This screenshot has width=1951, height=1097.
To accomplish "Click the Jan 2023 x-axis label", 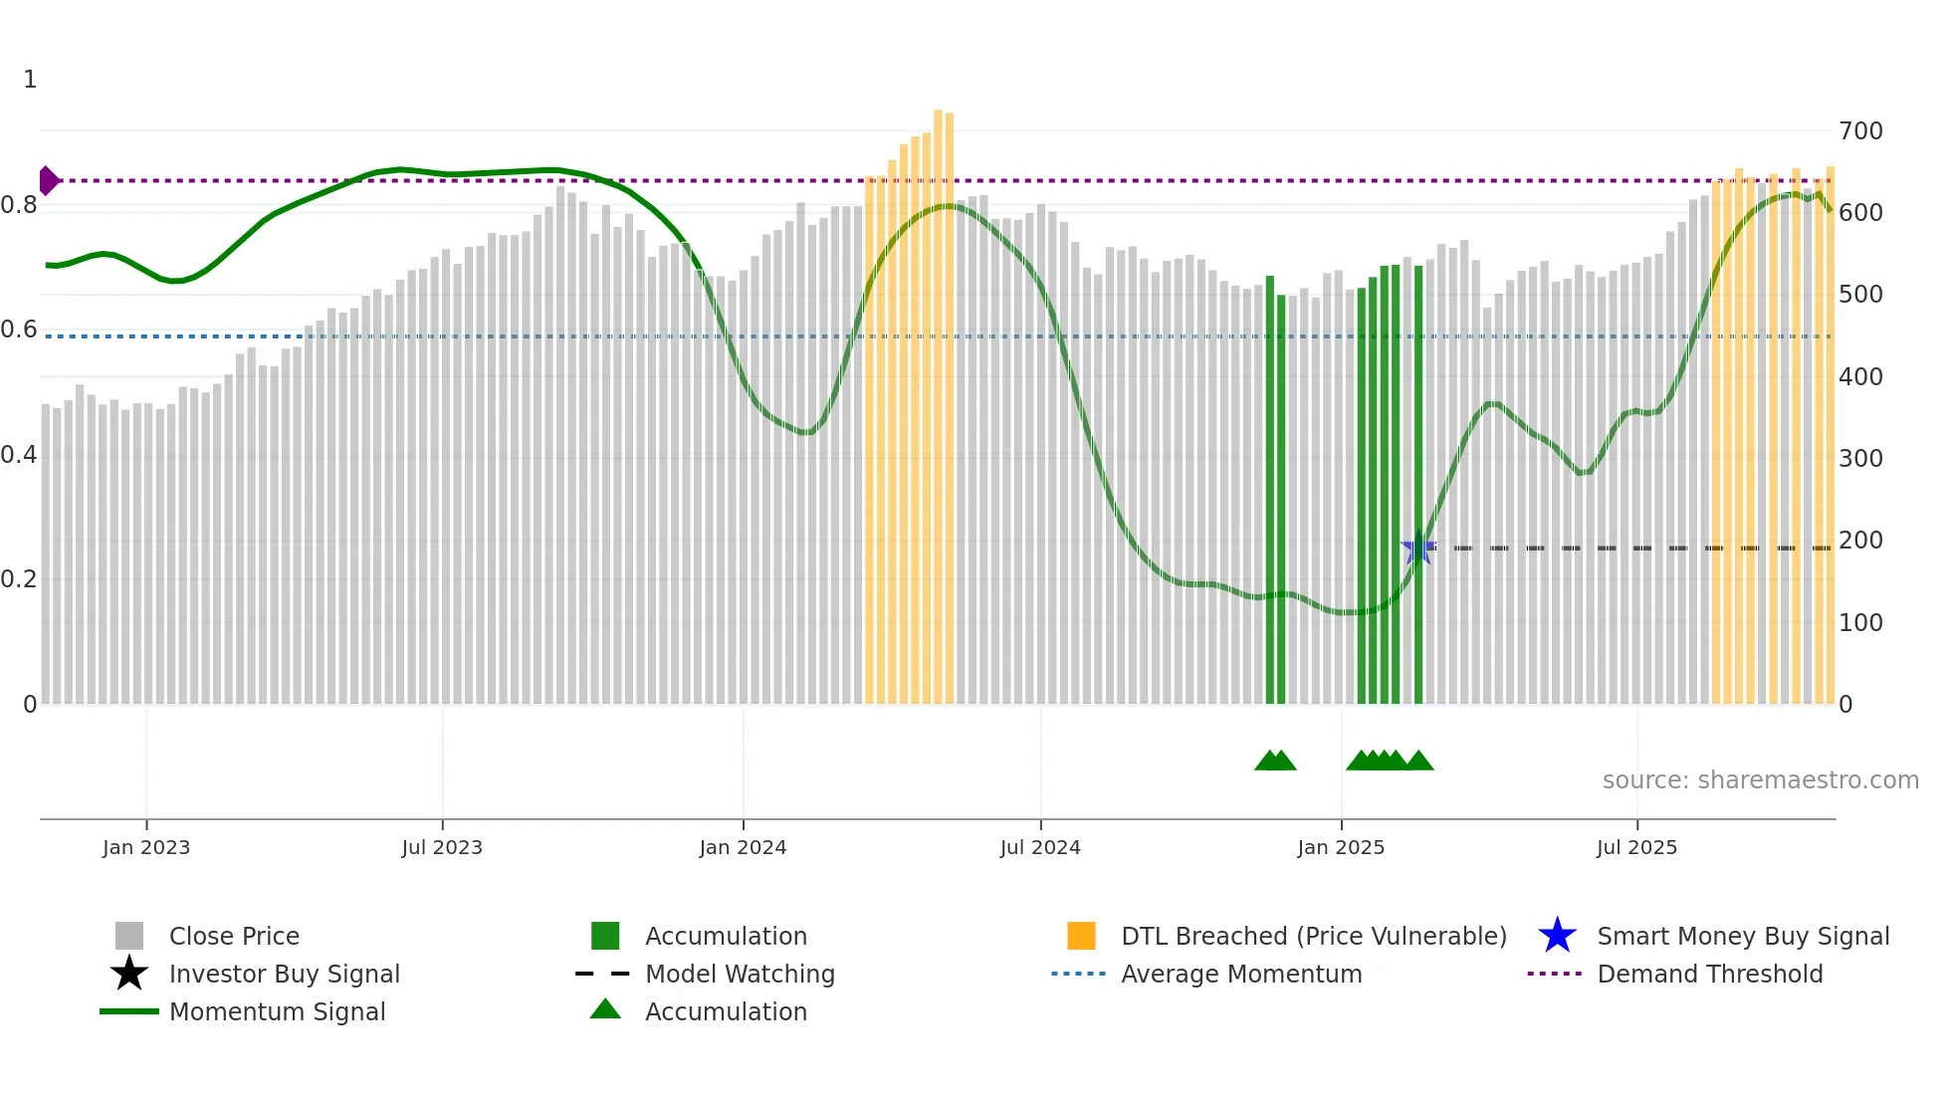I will pos(146,847).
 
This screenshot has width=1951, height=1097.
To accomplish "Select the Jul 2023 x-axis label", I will pos(442,847).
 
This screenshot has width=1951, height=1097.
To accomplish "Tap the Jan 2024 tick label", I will pos(743,847).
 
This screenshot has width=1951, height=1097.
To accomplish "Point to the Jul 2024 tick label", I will pos(1040,847).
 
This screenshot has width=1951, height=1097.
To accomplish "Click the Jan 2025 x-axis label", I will pos(1341,847).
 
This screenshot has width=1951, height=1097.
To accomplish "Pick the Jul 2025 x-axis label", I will pos(1636,847).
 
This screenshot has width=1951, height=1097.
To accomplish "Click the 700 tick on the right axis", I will pos(1860,131).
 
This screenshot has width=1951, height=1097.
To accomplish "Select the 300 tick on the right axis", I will pos(1860,459).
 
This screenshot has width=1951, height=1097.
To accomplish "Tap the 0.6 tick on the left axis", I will pos(19,329).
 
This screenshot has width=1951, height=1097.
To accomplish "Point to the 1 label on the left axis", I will pos(30,80).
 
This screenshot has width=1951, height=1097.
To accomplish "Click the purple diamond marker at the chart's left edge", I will pos(48,180).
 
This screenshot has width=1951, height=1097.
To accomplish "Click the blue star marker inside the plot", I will pos(1417,548).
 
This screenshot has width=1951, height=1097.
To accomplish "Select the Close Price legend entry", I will pos(234,936).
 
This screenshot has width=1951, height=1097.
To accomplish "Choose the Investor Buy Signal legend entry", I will pos(284,974).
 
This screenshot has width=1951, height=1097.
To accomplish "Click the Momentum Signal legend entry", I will pos(277,1011).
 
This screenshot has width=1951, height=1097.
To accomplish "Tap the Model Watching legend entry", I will pos(740,974).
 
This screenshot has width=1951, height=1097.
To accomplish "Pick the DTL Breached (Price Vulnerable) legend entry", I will pos(1313,936).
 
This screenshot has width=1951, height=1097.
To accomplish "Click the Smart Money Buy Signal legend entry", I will pos(1742,936).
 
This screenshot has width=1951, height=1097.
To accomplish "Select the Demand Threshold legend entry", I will pos(1709,974).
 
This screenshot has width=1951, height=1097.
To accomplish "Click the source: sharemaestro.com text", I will pos(1760,780).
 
